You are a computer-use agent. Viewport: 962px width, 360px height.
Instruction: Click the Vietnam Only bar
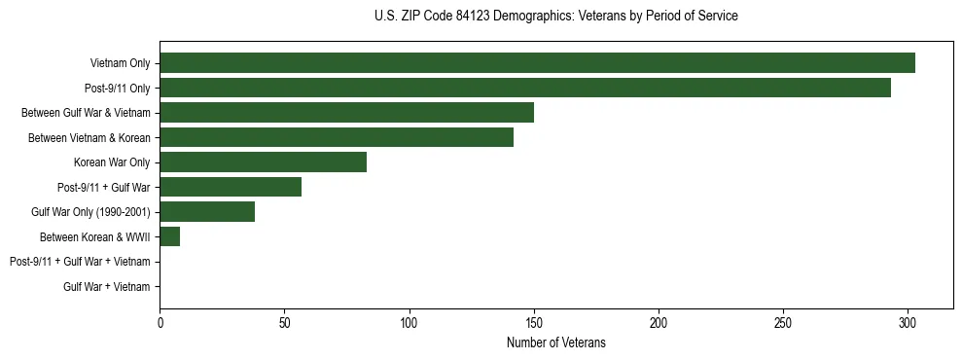coord(537,63)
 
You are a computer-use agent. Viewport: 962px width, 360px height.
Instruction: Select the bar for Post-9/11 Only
coord(525,88)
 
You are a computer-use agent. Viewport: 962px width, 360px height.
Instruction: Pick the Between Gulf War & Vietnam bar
coord(346,113)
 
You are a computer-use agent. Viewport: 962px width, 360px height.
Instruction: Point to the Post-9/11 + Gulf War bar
coord(231,187)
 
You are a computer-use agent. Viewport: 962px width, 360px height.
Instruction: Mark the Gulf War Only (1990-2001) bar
coord(207,212)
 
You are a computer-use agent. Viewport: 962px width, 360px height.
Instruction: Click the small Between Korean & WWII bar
coord(169,236)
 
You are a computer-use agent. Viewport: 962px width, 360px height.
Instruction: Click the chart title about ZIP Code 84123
coord(555,17)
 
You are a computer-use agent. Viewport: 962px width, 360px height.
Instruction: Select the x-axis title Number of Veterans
coord(555,342)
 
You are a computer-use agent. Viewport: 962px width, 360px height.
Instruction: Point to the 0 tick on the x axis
coord(160,321)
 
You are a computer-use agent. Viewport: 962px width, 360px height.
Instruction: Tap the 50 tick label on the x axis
coord(284,321)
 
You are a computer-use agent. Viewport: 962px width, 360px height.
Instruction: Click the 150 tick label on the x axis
coord(534,321)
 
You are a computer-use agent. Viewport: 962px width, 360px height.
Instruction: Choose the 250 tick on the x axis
coord(783,321)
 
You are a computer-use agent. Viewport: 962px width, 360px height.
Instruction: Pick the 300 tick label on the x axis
coord(908,321)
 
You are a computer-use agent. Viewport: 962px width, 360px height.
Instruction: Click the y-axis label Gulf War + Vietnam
coord(107,286)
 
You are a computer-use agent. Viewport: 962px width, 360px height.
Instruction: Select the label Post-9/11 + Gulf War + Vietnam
coord(80,262)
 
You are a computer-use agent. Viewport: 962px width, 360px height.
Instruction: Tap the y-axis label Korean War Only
coord(112,162)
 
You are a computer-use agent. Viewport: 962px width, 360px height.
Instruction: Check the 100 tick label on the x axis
coord(410,321)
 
